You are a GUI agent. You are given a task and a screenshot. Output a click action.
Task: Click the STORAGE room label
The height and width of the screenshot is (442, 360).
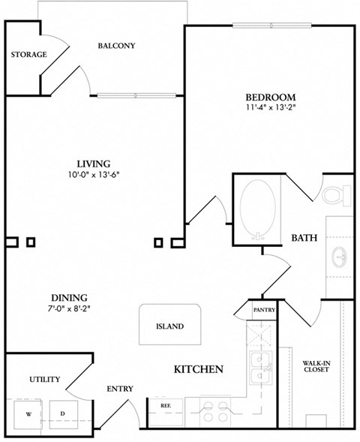[29, 55]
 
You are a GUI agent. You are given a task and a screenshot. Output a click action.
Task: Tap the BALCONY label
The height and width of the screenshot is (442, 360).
[116, 46]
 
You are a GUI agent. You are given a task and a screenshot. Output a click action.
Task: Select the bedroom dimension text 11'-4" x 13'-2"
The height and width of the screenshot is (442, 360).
[270, 109]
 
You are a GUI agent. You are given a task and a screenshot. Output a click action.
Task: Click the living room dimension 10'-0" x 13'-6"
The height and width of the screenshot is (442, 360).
[94, 175]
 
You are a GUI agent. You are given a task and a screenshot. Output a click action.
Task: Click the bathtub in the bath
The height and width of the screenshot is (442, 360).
[259, 209]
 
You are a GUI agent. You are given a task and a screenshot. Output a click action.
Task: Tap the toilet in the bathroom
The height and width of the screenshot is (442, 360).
[338, 195]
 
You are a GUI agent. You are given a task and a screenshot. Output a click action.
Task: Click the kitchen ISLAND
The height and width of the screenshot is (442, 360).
[169, 326]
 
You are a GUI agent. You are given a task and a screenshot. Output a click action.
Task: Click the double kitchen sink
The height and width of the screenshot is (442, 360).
[260, 365]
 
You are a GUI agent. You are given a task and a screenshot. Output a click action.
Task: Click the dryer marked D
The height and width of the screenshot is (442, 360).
[62, 413]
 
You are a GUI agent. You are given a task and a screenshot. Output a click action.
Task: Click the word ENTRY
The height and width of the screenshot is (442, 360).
[120, 389]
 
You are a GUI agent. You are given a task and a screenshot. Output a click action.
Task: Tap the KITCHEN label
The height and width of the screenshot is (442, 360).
[199, 369]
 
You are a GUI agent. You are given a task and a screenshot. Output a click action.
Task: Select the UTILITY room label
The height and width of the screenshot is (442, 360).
[44, 380]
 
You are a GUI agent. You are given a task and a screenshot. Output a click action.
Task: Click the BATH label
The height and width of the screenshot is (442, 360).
[304, 238]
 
